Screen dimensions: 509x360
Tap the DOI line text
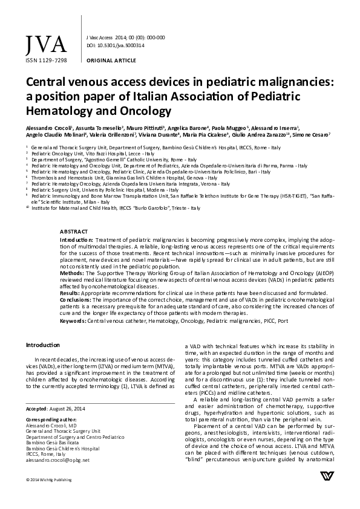[x=116, y=45]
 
